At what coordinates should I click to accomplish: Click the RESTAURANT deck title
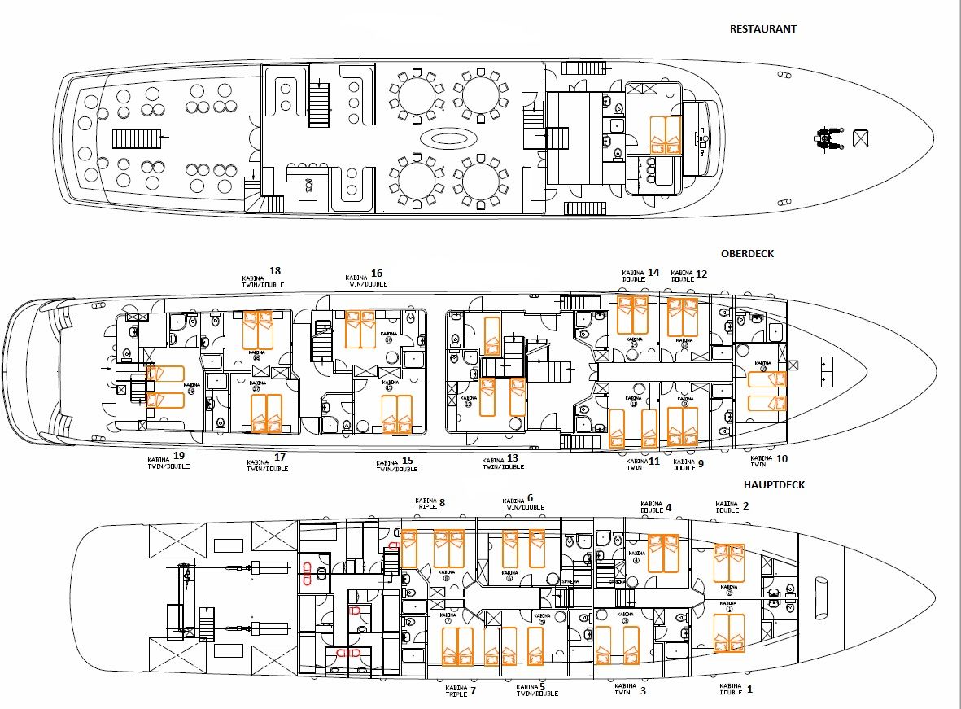(x=762, y=28)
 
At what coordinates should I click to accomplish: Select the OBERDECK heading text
(x=747, y=253)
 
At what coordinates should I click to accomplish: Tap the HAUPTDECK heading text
(x=774, y=484)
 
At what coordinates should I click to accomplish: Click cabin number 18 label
(x=275, y=271)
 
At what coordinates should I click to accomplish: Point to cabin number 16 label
(x=377, y=274)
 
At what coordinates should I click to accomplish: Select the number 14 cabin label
(x=653, y=273)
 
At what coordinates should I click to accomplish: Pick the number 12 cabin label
(x=701, y=274)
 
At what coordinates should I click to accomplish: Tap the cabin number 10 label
(x=781, y=458)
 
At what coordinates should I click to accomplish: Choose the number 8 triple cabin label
(x=442, y=502)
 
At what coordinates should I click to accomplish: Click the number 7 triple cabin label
(x=472, y=690)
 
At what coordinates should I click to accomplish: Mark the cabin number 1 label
(x=749, y=689)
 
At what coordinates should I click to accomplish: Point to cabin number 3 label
(x=642, y=691)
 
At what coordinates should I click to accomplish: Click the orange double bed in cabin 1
(x=729, y=633)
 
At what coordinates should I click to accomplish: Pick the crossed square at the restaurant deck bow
(x=861, y=138)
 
